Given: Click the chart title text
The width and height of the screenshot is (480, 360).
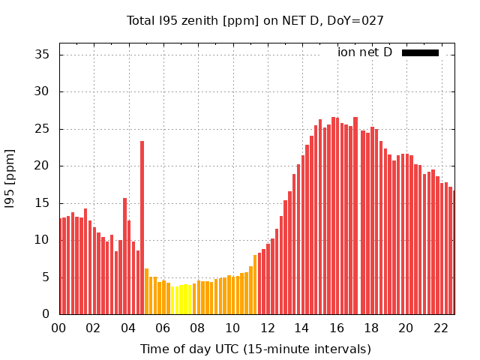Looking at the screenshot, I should click(255, 21).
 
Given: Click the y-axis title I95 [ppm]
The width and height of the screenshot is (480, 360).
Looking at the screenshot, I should click(10, 178).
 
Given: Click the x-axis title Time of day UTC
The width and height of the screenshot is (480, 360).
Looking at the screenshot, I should click(255, 349).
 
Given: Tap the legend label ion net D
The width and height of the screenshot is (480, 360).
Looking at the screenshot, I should click(364, 52).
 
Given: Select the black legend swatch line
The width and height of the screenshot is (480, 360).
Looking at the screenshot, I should click(420, 52).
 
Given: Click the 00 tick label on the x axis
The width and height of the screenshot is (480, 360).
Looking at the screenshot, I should click(58, 328).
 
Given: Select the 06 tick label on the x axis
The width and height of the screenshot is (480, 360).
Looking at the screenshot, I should click(163, 328).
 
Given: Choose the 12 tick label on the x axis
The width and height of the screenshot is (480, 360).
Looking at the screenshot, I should click(267, 328).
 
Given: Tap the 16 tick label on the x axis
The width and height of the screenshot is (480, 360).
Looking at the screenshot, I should click(336, 328).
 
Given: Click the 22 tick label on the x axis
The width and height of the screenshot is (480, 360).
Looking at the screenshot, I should click(440, 328).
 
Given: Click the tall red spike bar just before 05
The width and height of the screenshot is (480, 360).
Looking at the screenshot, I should click(142, 225).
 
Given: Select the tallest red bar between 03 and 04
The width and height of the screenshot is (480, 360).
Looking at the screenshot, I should click(124, 255).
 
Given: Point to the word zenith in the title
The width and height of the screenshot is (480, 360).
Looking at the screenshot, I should click(193, 21).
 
